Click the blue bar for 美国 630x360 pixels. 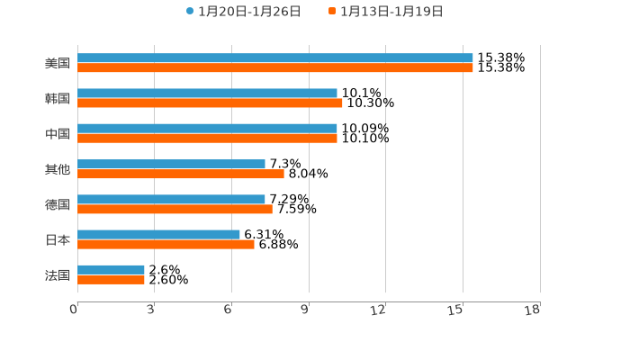click(x=274, y=58)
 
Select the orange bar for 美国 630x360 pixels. click(x=274, y=67)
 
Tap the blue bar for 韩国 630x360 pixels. click(x=207, y=93)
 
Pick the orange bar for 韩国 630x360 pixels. click(x=210, y=103)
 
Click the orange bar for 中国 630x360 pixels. click(x=207, y=139)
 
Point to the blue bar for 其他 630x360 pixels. click(x=171, y=164)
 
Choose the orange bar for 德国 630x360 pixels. click(x=175, y=209)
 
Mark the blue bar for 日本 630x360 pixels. click(x=158, y=234)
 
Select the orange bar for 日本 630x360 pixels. click(x=166, y=244)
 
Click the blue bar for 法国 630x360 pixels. click(x=111, y=269)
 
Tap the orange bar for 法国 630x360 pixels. click(x=111, y=279)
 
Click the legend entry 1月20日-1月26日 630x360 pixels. click(x=243, y=12)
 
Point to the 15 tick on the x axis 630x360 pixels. click(x=456, y=310)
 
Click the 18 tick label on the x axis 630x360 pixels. click(x=533, y=310)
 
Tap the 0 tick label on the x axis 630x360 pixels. click(x=74, y=310)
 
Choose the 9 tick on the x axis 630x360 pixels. click(x=305, y=310)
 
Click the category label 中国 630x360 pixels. click(x=58, y=134)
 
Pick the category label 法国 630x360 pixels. click(x=58, y=274)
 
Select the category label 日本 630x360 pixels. click(x=58, y=239)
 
